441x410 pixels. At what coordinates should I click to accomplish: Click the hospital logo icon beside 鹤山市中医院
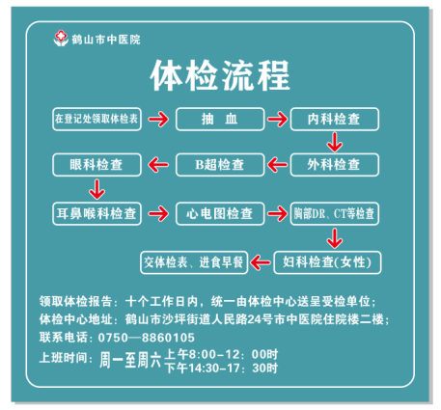click(x=61, y=39)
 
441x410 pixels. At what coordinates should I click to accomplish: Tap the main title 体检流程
click(x=220, y=75)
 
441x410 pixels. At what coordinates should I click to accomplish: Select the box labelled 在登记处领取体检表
click(x=96, y=119)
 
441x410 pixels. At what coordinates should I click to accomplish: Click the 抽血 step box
click(x=220, y=119)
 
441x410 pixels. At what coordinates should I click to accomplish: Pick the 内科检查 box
click(x=335, y=119)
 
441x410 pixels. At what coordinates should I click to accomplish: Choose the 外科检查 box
click(x=335, y=165)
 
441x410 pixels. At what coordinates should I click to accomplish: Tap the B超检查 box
click(x=220, y=165)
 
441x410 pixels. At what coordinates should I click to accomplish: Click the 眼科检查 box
click(x=96, y=165)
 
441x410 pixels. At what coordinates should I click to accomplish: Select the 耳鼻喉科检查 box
click(x=96, y=213)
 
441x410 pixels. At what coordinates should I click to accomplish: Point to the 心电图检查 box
click(x=220, y=213)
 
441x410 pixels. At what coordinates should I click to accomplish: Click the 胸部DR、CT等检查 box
click(x=335, y=213)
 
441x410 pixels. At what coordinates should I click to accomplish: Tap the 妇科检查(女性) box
click(x=327, y=262)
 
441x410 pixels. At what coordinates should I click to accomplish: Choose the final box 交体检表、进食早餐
click(x=194, y=262)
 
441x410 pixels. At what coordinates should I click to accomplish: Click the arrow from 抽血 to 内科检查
click(x=278, y=120)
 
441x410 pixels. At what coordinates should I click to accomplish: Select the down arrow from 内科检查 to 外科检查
click(x=335, y=142)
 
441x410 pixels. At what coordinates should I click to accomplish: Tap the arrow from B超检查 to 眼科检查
click(x=158, y=165)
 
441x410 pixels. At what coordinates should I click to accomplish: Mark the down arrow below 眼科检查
click(x=96, y=189)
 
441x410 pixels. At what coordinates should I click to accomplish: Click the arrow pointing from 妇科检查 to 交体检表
click(x=261, y=262)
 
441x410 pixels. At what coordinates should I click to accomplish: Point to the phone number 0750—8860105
click(x=147, y=338)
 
